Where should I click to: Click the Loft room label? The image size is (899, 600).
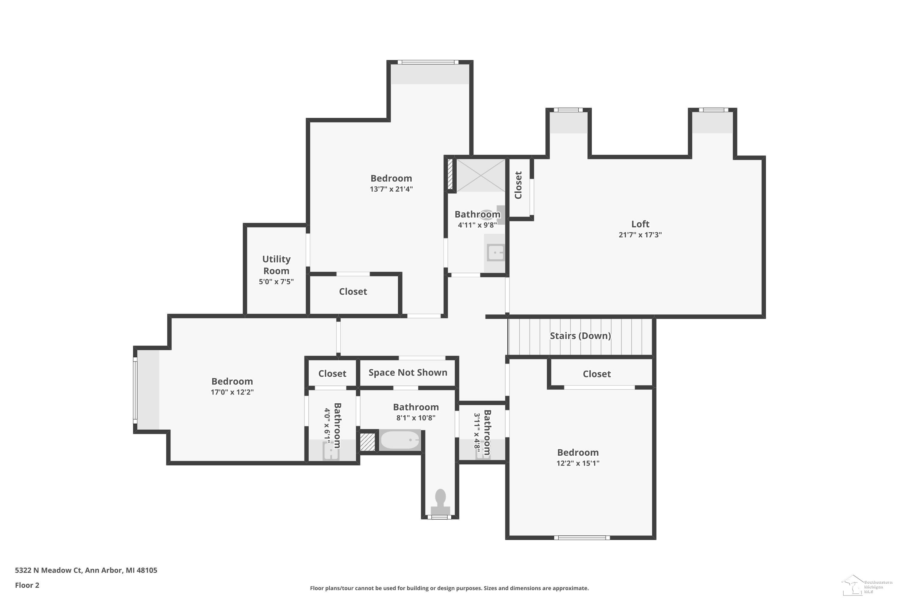point(640,224)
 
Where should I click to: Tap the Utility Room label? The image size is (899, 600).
point(276,265)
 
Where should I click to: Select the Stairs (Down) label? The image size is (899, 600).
point(580,336)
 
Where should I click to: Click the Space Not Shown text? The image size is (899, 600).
point(408,373)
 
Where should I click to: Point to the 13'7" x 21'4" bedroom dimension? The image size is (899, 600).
point(391,189)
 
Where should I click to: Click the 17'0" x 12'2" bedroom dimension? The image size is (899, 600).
point(232,392)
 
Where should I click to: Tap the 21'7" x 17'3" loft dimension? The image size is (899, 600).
point(640,235)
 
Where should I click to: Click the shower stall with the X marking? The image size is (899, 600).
point(481,175)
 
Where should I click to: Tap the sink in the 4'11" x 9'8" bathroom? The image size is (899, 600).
point(496,253)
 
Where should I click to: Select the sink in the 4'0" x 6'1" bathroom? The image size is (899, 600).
point(331,451)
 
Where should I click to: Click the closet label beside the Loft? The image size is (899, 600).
point(518,185)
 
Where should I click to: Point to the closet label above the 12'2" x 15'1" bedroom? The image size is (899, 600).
point(597,374)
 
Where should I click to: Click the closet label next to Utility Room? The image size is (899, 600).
point(353,292)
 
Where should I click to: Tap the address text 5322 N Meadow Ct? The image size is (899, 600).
point(48,570)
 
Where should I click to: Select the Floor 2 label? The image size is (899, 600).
point(27,585)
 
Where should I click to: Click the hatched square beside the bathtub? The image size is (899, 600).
point(368,442)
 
